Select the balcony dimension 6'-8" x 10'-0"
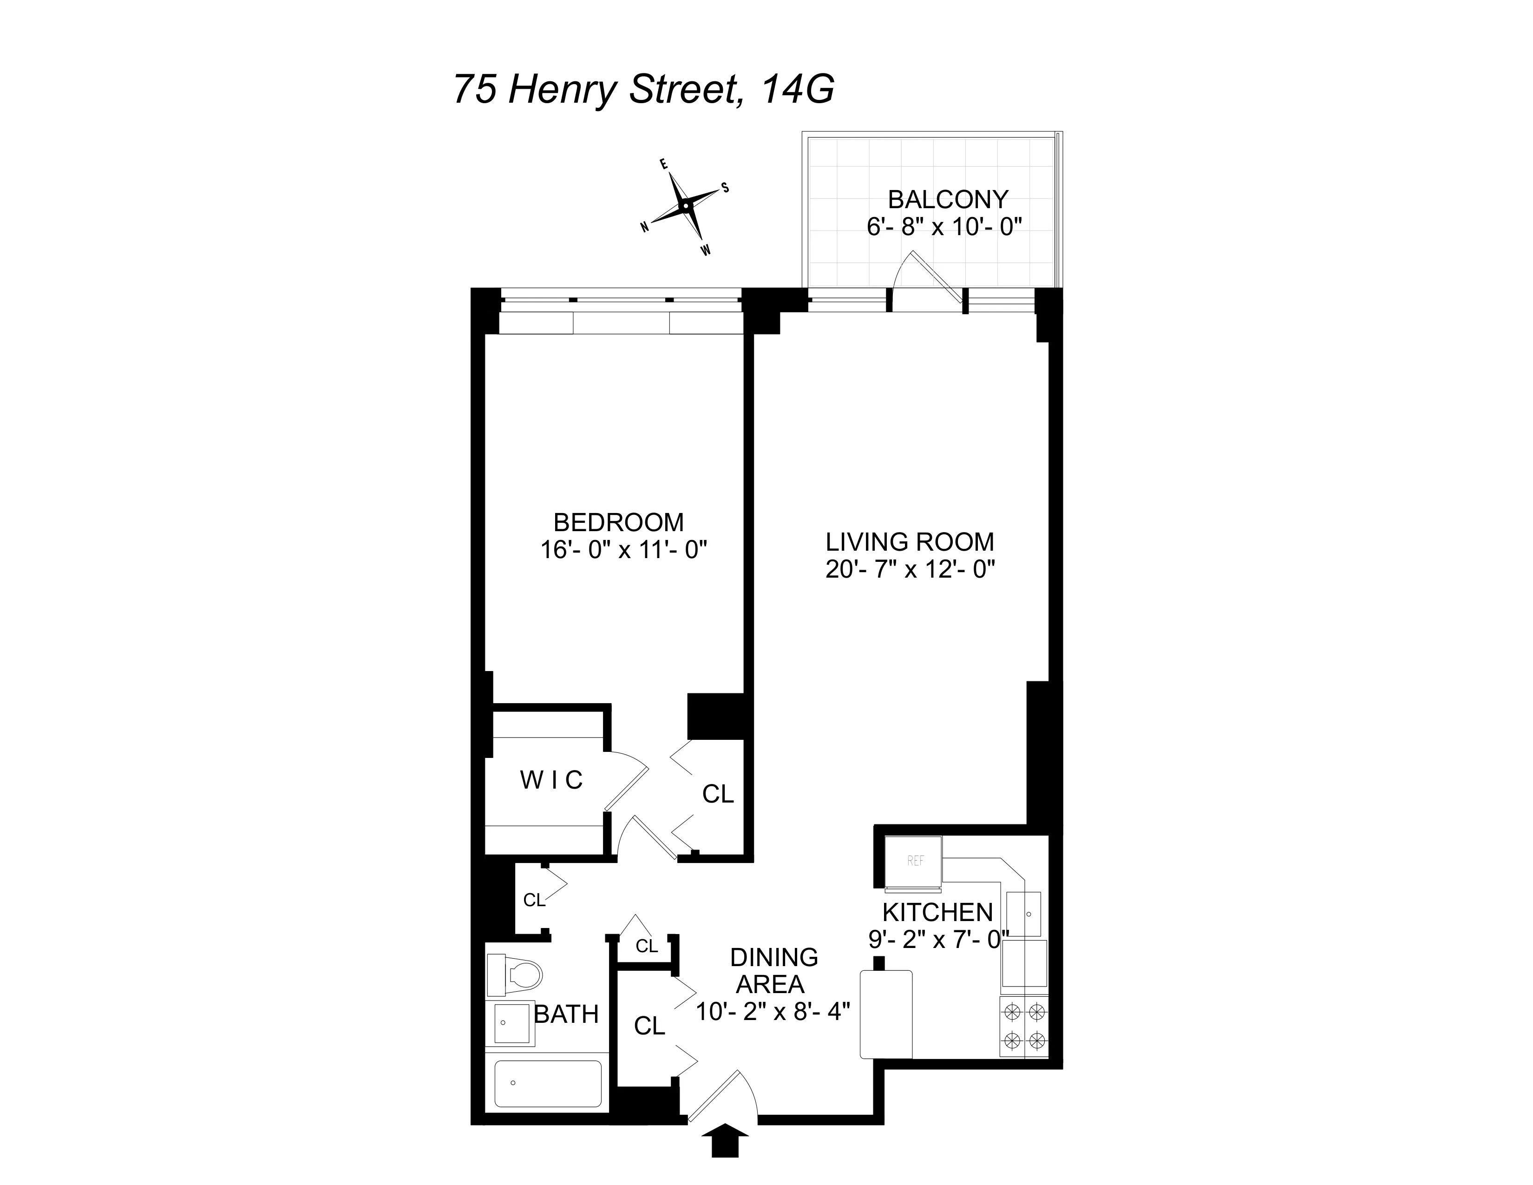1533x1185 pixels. (x=944, y=227)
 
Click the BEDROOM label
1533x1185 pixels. (x=618, y=522)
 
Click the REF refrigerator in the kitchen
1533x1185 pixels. (x=914, y=862)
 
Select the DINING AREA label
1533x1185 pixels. (x=773, y=971)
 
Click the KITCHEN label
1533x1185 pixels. (x=937, y=912)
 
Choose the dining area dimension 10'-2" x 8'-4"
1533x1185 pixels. (x=773, y=1012)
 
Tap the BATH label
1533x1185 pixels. (x=566, y=1014)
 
